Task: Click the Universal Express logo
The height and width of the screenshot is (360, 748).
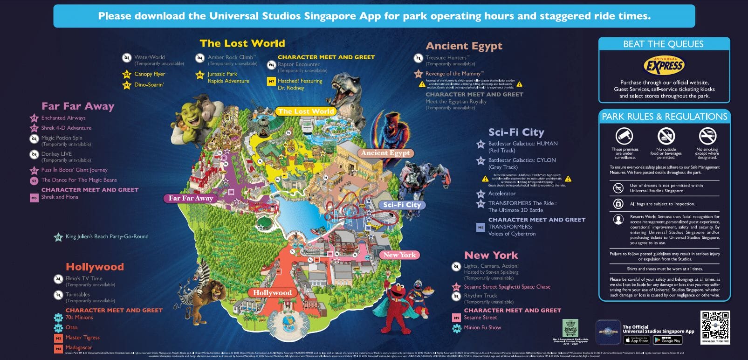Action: point(664,65)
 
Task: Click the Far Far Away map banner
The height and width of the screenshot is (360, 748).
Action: point(191,198)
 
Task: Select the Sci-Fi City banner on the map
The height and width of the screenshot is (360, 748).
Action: point(402,205)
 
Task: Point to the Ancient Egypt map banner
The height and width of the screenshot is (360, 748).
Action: point(385,153)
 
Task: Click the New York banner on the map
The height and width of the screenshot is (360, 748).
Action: point(399,255)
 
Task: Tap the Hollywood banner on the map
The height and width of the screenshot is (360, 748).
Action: point(272,293)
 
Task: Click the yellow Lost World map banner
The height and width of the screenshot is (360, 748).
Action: point(306,111)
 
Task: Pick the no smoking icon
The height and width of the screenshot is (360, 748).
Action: point(707,136)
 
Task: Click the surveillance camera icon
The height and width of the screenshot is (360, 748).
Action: point(624,136)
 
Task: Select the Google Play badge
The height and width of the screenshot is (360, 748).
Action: point(667,340)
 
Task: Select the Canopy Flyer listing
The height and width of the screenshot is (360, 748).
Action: point(150,74)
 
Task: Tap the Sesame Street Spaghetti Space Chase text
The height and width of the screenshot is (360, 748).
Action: point(507,287)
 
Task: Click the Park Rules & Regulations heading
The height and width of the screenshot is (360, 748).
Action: point(664,117)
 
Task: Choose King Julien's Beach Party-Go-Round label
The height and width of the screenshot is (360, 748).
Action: point(107,236)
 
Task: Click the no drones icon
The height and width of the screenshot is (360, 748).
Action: point(618,188)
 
